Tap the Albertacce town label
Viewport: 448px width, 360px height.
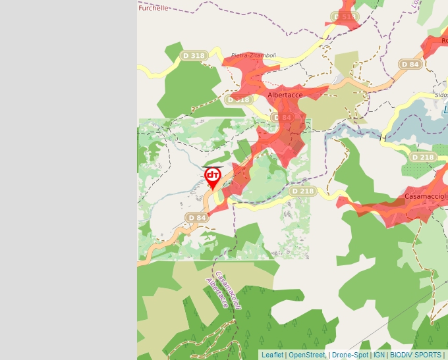pos(285,95)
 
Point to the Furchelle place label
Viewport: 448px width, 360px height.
pos(154,8)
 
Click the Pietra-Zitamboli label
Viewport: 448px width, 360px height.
pos(254,56)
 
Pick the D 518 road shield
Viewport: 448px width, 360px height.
pos(345,17)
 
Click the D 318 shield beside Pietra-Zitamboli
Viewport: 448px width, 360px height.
pos(194,56)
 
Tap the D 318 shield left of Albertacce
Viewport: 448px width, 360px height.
pos(238,100)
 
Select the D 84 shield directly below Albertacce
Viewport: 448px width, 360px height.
pos(282,118)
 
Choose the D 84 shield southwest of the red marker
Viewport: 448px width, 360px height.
pos(197,218)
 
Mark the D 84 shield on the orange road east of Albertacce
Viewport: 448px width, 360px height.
pos(410,64)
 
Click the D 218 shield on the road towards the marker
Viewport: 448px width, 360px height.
pos(302,192)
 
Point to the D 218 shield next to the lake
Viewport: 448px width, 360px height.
pos(422,158)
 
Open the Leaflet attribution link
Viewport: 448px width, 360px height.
pos(272,355)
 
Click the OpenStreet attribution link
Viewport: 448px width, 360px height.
pos(307,355)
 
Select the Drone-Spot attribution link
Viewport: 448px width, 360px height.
pos(350,355)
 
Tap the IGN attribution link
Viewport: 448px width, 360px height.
pos(379,355)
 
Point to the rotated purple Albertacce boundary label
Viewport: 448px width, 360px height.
pos(217,293)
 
